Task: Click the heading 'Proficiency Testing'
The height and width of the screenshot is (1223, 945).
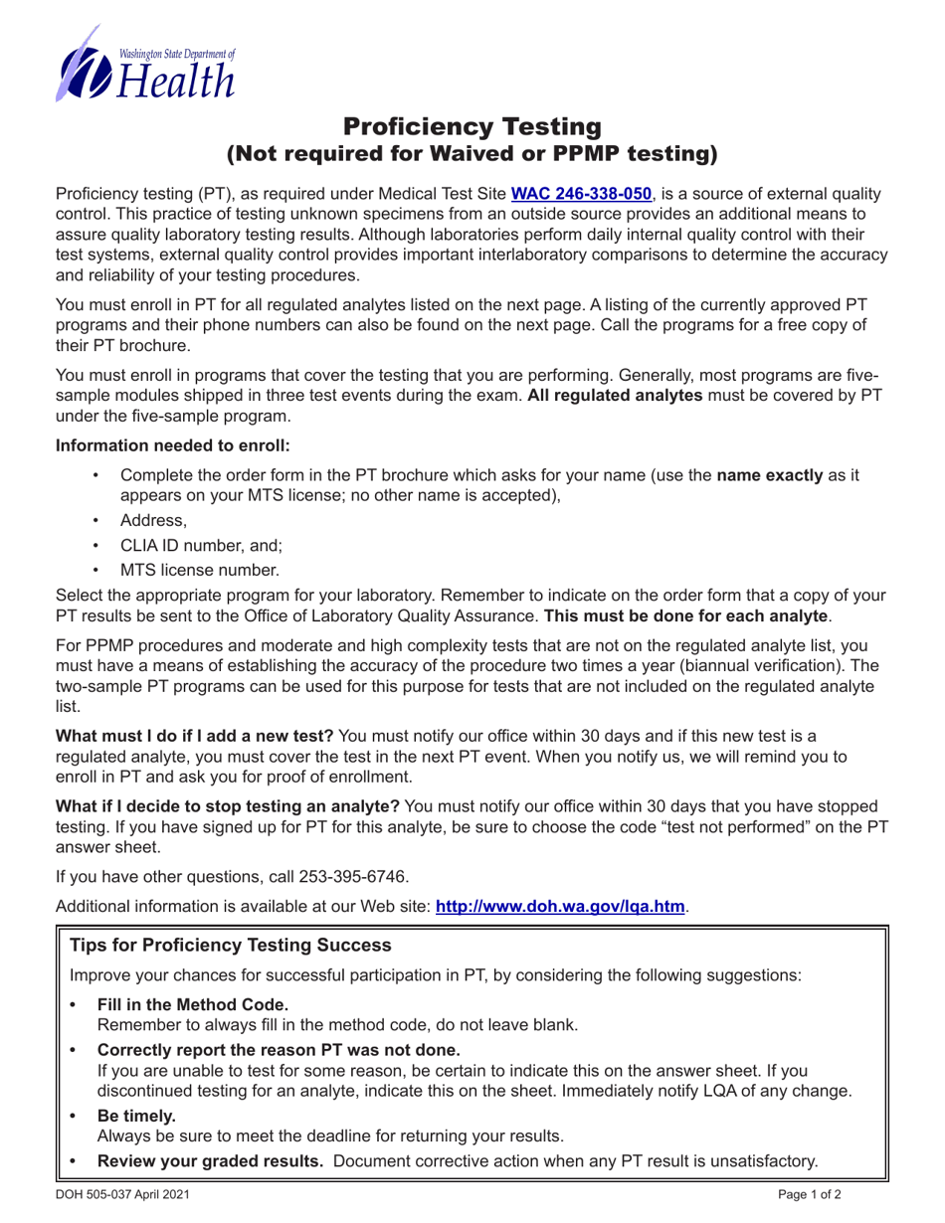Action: [x=472, y=127]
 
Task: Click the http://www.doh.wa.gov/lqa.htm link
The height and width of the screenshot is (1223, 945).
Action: [x=560, y=907]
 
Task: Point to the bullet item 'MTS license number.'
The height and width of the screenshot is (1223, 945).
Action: [x=199, y=570]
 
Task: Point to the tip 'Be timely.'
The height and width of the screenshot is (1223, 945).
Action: [x=135, y=1116]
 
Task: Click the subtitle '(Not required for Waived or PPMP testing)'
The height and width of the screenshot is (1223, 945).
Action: [x=472, y=153]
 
